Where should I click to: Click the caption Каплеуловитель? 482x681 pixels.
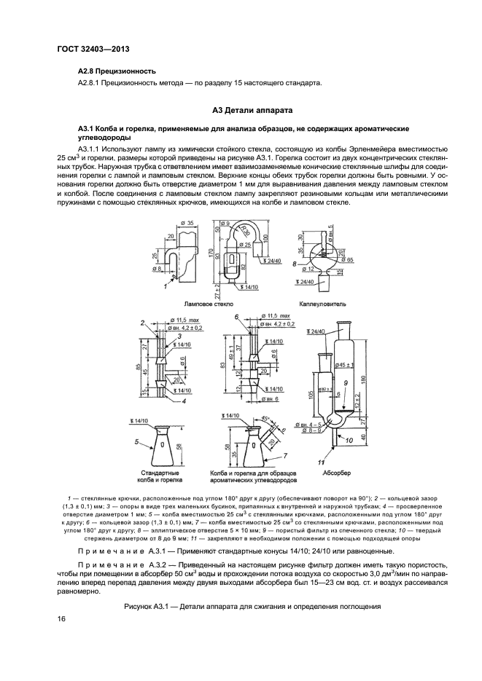317,300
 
